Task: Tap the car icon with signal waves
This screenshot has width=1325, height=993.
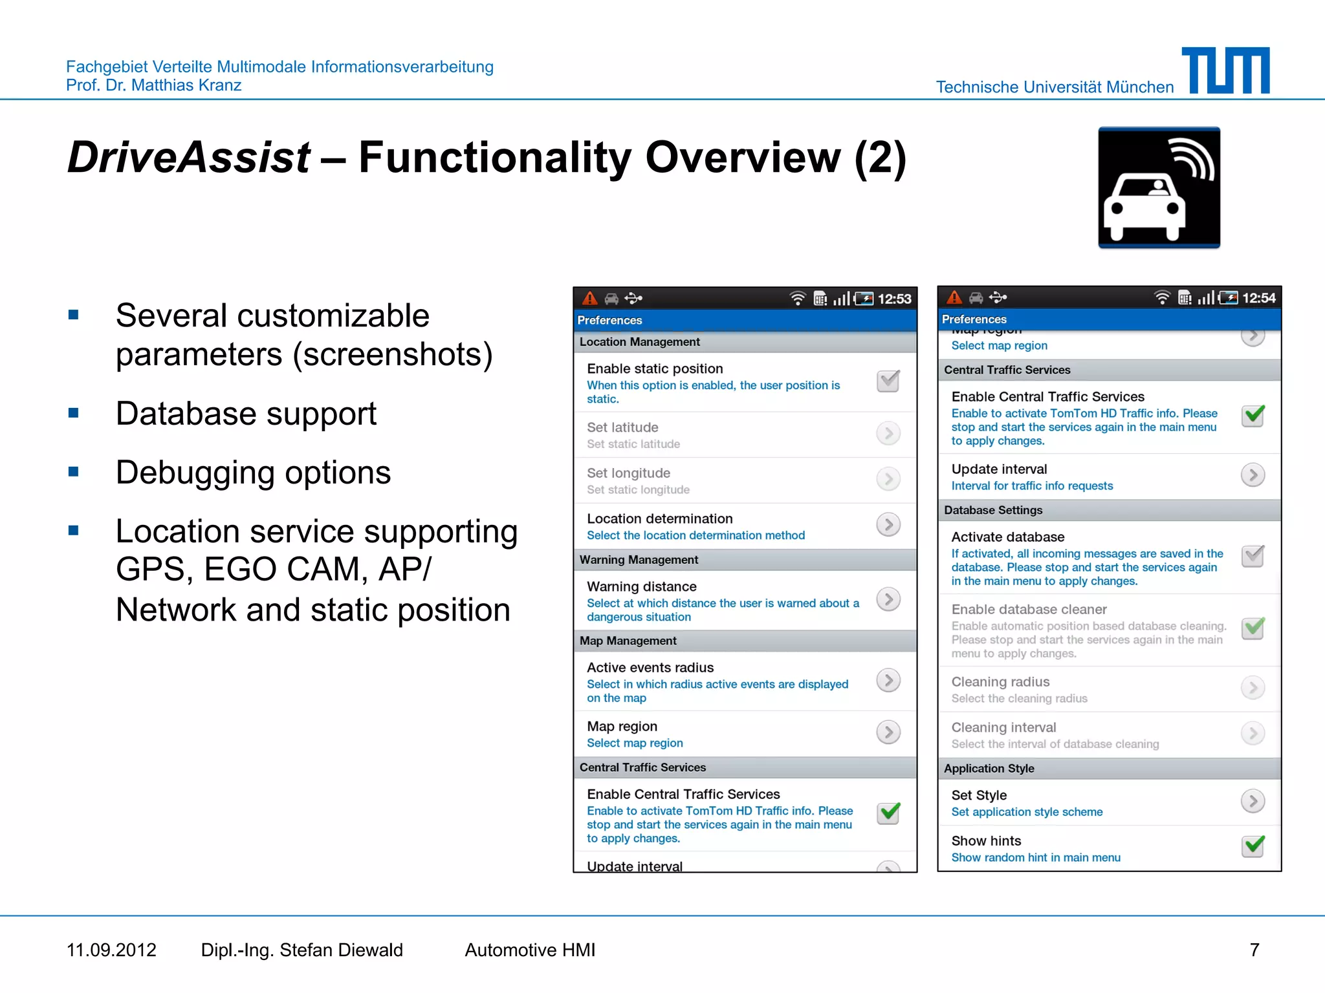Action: click(x=1159, y=187)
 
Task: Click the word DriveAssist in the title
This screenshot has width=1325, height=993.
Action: click(x=189, y=157)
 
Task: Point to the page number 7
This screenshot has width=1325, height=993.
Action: click(x=1254, y=950)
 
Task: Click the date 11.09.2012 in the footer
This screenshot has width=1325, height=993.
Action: click(x=111, y=950)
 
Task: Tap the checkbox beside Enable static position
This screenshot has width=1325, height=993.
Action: click(x=888, y=381)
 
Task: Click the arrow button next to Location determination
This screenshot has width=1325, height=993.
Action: click(x=888, y=524)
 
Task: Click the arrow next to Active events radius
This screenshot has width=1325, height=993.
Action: click(x=888, y=680)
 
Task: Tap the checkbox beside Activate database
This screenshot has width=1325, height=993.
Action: click(x=1253, y=556)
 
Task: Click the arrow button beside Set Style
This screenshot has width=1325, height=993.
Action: click(x=1253, y=801)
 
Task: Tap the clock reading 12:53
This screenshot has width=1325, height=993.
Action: click(x=894, y=299)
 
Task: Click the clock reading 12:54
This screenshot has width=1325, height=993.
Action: click(x=1259, y=298)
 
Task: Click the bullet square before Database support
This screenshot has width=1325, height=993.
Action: click(x=74, y=413)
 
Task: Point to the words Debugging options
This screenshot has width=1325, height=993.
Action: click(x=253, y=473)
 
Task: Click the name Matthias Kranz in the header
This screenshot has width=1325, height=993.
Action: click(x=186, y=85)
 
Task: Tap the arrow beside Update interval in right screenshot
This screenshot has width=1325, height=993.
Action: click(x=1253, y=475)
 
